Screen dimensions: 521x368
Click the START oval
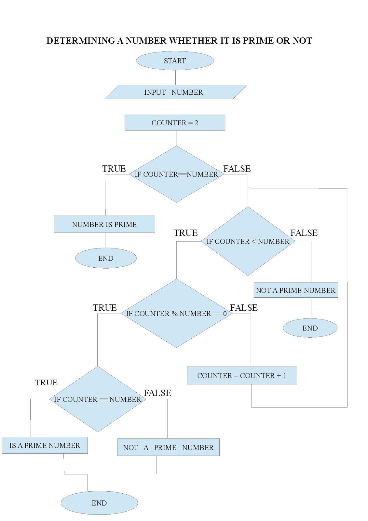click(x=175, y=61)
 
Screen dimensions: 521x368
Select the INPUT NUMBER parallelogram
click(x=176, y=92)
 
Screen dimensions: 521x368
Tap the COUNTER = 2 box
click(x=175, y=123)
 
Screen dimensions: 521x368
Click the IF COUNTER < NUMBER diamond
click(x=248, y=241)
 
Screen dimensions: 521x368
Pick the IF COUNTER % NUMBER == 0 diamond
click(x=176, y=314)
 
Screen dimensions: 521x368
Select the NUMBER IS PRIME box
click(x=104, y=224)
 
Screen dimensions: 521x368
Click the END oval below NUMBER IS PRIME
click(x=106, y=258)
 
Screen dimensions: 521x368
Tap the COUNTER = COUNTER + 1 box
click(x=242, y=375)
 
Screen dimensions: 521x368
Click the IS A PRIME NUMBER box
click(x=45, y=445)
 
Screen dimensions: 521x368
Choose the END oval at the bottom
click(x=99, y=503)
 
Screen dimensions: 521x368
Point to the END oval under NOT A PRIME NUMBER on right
click(x=310, y=328)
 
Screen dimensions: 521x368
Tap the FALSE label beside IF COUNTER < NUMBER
click(x=304, y=233)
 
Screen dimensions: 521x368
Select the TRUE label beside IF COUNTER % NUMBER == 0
click(x=105, y=308)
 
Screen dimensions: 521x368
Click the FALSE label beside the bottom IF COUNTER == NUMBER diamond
click(x=157, y=393)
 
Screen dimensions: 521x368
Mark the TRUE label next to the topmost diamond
click(x=114, y=169)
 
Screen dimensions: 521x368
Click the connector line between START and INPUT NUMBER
click(x=176, y=77)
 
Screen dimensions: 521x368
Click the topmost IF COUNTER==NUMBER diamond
click(x=176, y=174)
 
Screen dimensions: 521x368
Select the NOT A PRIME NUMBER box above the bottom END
click(x=168, y=447)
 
